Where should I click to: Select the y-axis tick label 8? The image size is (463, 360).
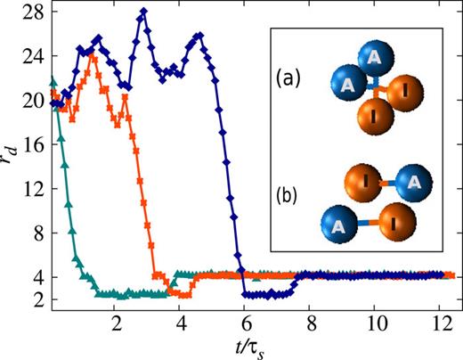click(x=37, y=233)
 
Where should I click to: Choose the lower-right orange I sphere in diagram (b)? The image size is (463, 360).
click(x=389, y=219)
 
